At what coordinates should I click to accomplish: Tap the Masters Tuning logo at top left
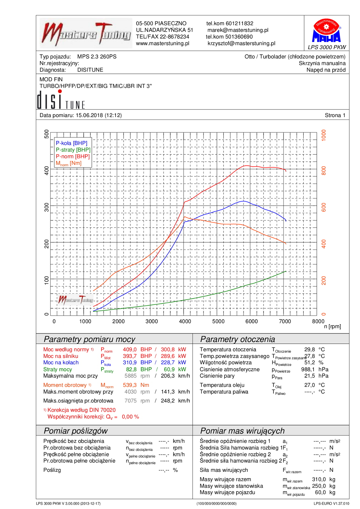(86, 33)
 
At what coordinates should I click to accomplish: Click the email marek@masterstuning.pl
(238, 30)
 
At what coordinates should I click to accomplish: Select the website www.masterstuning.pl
(163, 43)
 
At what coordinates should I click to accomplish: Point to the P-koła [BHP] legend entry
(72, 143)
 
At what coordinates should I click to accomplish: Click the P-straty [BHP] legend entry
(73, 150)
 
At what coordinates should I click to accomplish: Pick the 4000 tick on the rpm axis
(185, 321)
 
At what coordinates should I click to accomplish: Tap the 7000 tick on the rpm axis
(285, 321)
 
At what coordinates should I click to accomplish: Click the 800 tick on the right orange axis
(324, 171)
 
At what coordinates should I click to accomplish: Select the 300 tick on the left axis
(47, 207)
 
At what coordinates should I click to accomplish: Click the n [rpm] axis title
(332, 326)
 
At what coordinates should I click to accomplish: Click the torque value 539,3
(130, 385)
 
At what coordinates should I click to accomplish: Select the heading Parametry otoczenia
(237, 339)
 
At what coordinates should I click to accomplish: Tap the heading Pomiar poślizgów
(76, 431)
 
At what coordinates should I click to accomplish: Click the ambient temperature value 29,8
(309, 349)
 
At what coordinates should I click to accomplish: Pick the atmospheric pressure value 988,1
(308, 369)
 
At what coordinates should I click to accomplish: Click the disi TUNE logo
(61, 100)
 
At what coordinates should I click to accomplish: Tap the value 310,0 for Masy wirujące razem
(319, 479)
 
